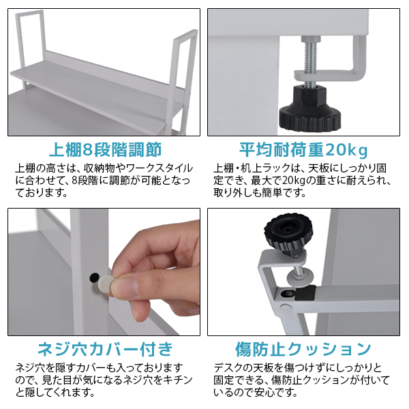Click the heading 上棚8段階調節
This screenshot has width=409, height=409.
pos(105,149)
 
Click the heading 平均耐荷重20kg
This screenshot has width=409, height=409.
pos(303,149)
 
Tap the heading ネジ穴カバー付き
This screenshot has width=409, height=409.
pos(105,350)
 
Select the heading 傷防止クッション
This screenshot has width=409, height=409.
pos(303,350)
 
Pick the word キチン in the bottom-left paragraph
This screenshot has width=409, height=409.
pos(177,380)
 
